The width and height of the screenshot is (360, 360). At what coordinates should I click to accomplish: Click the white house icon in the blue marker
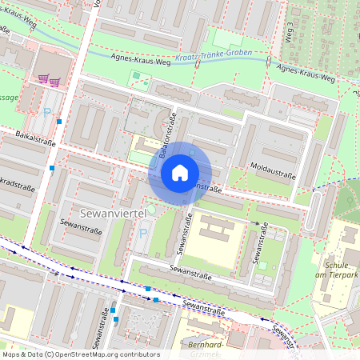point(180,172)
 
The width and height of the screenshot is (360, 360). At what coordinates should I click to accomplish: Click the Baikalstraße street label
point(34,142)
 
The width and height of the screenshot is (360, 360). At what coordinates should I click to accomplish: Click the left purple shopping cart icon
point(42,79)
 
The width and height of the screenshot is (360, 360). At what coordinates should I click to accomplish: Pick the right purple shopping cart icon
point(54,80)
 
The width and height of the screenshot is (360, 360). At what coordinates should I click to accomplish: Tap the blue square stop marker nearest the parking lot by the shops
point(59,122)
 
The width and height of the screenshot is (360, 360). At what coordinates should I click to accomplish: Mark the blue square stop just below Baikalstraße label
point(52,168)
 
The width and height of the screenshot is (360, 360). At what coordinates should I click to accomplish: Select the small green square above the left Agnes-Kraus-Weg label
point(136,75)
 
